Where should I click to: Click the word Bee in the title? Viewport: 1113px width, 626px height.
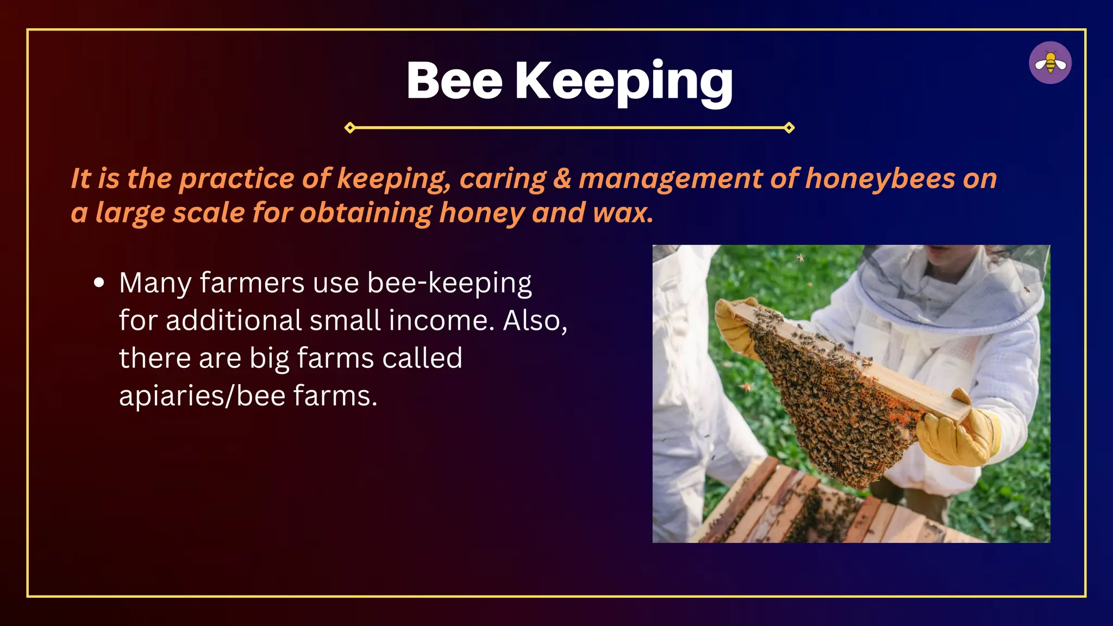tap(454, 81)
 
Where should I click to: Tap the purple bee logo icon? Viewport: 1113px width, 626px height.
tap(1050, 63)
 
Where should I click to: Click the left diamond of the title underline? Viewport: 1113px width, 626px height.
tap(350, 128)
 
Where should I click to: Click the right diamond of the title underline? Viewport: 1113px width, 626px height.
tap(789, 128)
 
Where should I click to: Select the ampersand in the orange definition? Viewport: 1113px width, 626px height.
tap(562, 179)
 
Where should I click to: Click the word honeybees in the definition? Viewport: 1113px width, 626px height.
tap(880, 179)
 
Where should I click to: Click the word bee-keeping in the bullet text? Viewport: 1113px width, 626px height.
tap(449, 284)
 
